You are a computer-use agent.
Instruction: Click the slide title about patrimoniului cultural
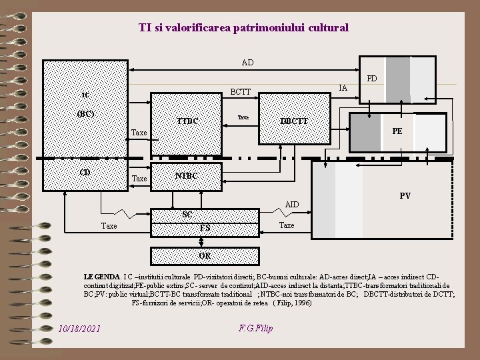point(243,28)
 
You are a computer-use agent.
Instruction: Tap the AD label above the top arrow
point(247,63)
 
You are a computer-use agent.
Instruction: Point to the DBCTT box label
point(294,121)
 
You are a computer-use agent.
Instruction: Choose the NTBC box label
point(187,177)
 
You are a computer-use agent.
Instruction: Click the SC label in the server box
point(187,215)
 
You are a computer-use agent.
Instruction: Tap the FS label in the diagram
point(205,228)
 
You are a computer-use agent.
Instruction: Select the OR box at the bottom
point(205,255)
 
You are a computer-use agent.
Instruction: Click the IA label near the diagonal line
point(343,87)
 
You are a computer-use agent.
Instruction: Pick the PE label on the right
point(397,131)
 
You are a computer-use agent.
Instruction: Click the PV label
point(405,196)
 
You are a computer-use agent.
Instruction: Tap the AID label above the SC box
point(292,204)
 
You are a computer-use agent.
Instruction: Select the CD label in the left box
point(85,172)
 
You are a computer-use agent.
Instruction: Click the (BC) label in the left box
point(85,113)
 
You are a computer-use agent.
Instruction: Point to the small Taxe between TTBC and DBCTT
point(243,117)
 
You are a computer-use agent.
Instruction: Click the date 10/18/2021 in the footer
point(79,329)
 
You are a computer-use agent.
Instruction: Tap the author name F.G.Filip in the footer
point(255,328)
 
